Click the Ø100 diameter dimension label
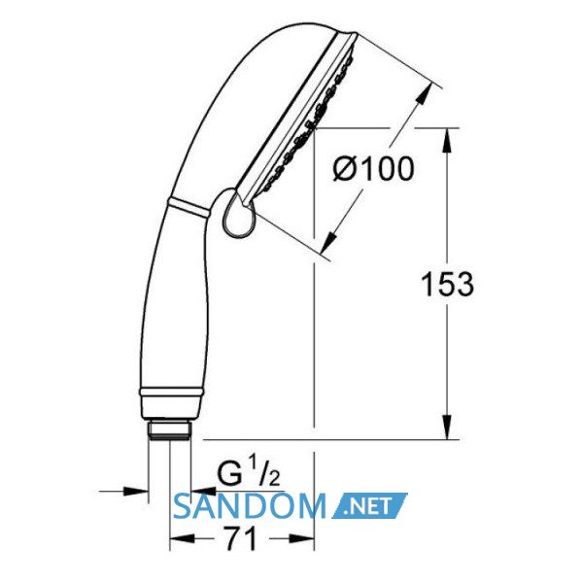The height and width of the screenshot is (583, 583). [373, 169]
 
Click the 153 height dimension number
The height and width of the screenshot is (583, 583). [448, 285]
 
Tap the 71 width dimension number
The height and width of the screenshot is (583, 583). [242, 538]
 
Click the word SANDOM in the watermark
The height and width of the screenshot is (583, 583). [250, 505]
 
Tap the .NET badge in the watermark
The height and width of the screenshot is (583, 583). [369, 505]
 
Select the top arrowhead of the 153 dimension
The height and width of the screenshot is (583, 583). [448, 140]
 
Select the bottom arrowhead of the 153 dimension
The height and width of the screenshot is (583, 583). [448, 428]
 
